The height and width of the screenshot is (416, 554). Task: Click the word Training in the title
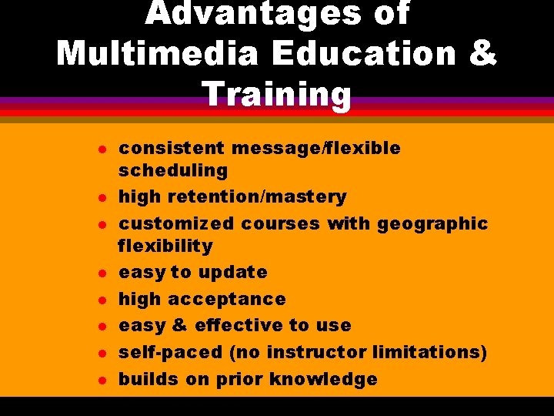[x=277, y=94]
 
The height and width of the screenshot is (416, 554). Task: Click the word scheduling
[x=173, y=170]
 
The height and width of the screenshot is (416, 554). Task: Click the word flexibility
[x=165, y=246]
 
